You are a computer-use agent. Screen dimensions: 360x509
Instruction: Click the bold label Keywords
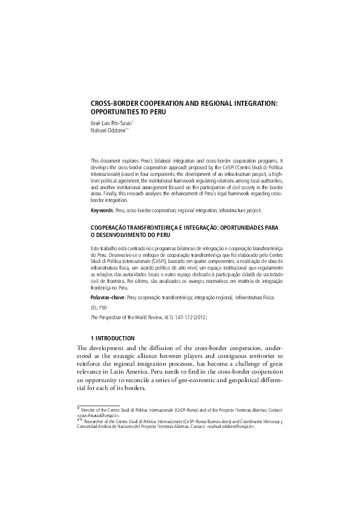coord(102,210)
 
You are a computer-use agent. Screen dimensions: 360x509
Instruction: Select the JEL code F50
coord(102,308)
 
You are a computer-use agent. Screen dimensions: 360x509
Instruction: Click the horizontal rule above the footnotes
coord(99,406)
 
